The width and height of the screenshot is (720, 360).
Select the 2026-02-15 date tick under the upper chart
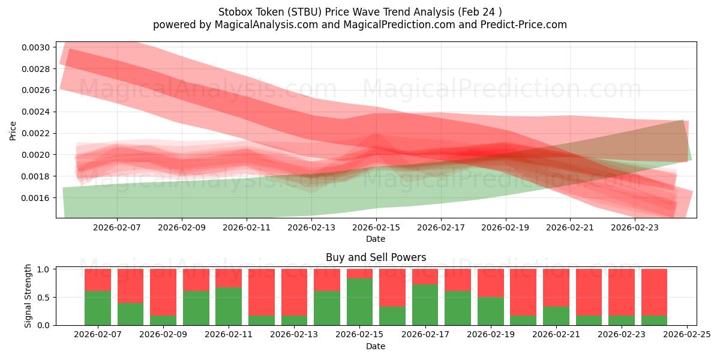tap(376, 228)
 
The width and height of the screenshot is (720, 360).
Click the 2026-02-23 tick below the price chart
tap(635, 228)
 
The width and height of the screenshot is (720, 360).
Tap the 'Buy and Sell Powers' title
tap(376, 257)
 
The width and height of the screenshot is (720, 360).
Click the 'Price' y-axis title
tap(13, 130)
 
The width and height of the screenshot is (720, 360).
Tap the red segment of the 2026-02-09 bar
tap(163, 292)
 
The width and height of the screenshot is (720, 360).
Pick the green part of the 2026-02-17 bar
tap(425, 305)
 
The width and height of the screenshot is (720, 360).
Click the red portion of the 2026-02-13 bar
tap(294, 292)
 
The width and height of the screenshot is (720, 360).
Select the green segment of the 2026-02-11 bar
tap(229, 306)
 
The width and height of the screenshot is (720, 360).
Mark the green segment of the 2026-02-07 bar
tap(98, 308)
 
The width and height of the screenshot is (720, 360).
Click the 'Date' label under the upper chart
tap(376, 239)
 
